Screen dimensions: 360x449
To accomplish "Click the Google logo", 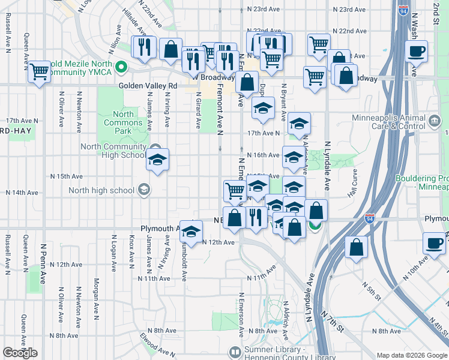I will [x=20, y=353].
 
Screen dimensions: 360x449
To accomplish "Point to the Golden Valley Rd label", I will [x=148, y=86].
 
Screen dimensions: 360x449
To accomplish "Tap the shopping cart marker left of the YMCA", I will [x=40, y=72].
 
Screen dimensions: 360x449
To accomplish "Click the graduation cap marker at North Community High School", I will [x=157, y=160].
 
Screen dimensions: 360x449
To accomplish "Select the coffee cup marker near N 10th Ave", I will [x=433, y=243].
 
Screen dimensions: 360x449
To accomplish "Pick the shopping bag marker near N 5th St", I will [x=357, y=247].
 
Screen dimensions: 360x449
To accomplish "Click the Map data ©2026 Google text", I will [x=412, y=355].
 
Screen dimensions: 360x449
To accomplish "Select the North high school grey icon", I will [x=144, y=191].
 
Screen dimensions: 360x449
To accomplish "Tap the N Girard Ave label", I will [x=198, y=112].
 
